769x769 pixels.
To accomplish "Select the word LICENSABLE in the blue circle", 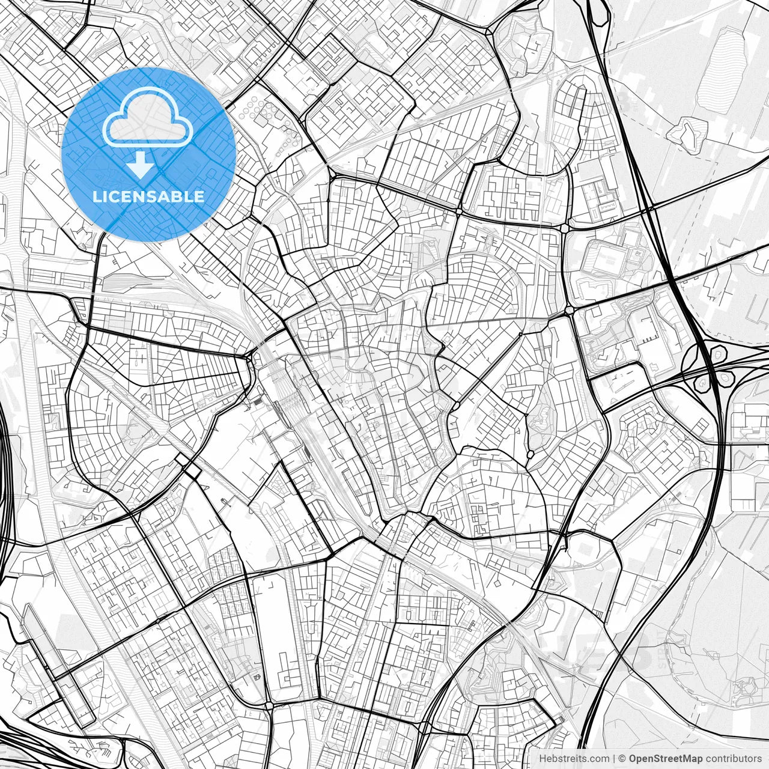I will pos(148,196).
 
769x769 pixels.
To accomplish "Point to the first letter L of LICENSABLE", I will pos(96,196).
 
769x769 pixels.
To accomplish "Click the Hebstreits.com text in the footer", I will pos(573,759).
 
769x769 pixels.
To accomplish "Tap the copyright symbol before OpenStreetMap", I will pos(622,759).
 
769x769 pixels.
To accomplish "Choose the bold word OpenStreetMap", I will pos(666,759).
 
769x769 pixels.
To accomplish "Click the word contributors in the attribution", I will pos(734,759).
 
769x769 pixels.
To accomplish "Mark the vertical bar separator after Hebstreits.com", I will pos(613,759).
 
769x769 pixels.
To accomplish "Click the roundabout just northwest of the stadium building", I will pos(564,229).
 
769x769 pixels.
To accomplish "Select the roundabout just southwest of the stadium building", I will pos(568,311).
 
